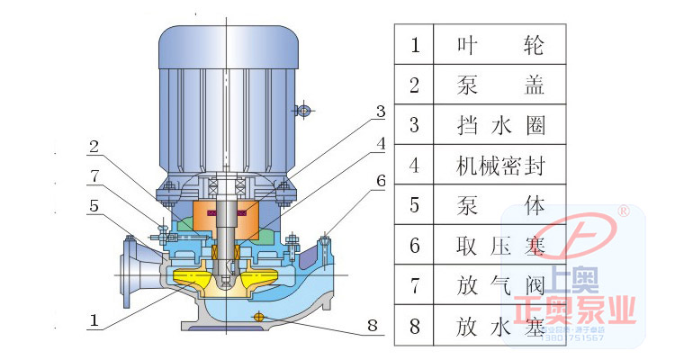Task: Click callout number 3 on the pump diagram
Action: pos(381,112)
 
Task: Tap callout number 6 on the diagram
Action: pos(381,180)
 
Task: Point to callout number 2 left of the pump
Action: pos(94,143)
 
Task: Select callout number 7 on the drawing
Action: pos(94,174)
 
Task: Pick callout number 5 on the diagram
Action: pos(94,205)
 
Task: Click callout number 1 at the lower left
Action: pos(93,317)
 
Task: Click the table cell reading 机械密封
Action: pos(500,166)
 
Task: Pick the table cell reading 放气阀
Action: pos(500,286)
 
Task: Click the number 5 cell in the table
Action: pos(415,205)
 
